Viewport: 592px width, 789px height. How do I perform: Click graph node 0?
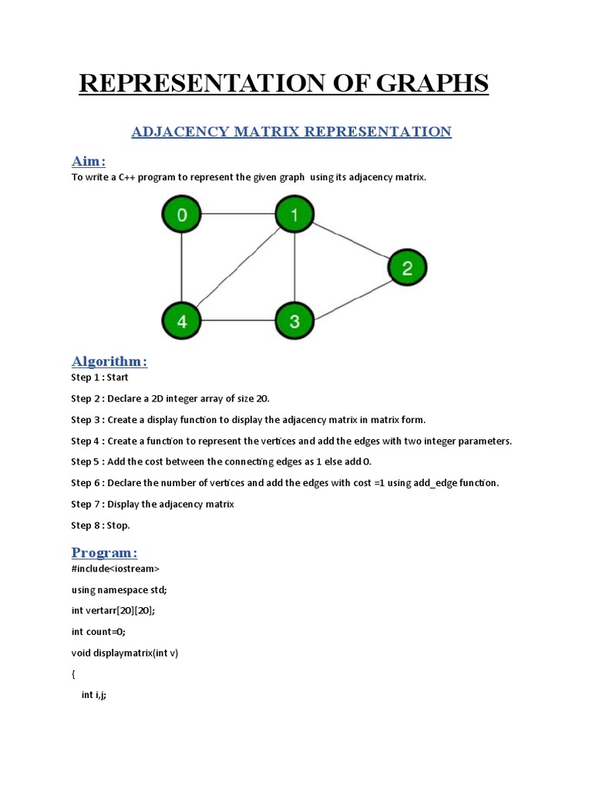pos(182,215)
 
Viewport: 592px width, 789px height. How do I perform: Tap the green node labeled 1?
pos(294,215)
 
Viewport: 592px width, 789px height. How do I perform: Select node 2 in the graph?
pos(406,268)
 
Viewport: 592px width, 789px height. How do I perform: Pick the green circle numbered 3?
pos(294,321)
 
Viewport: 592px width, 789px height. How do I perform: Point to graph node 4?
pos(182,321)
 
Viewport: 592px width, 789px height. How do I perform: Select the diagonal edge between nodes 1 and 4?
pos(237,268)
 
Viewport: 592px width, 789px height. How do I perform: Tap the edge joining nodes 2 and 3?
pos(351,294)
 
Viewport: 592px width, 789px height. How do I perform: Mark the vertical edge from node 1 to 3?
pos(294,268)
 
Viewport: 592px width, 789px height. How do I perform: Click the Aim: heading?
pos(89,160)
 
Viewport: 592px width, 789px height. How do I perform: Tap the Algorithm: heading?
pos(109,361)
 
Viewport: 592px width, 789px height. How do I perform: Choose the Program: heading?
pos(105,552)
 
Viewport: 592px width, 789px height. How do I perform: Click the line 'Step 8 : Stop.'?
pos(101,525)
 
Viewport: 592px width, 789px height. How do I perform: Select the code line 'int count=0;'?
pos(98,631)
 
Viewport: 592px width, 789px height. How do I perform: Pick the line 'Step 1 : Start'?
pos(100,378)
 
